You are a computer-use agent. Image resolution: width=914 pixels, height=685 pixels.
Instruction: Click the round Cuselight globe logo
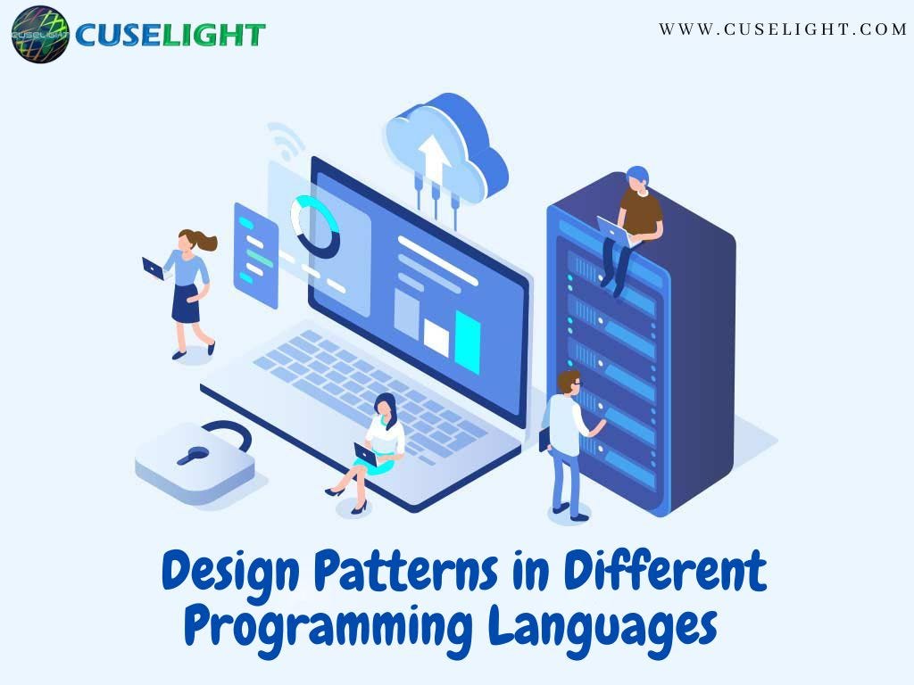point(39,33)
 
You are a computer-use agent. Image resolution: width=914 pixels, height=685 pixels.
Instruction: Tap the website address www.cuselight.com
point(783,29)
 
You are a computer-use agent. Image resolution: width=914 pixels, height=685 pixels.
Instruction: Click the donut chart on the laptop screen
point(314,227)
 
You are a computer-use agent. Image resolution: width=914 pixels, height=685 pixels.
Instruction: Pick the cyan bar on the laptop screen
point(467,341)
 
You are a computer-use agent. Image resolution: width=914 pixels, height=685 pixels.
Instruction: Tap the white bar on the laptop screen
point(436,337)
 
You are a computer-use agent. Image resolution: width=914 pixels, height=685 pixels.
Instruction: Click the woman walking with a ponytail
point(188,291)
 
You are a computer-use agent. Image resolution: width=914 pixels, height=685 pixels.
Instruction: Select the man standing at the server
point(568,442)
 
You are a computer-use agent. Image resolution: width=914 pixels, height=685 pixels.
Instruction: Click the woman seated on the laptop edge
point(375,450)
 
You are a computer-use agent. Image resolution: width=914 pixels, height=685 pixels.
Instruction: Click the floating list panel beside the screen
point(255,254)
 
